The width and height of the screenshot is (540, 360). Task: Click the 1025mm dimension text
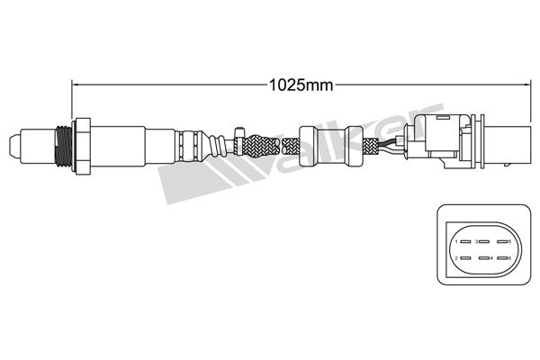[x=301, y=85]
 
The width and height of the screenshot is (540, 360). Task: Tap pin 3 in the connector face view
[x=483, y=242]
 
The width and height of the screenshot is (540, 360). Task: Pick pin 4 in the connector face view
[x=483, y=258]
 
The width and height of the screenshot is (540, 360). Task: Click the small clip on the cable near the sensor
[x=238, y=135]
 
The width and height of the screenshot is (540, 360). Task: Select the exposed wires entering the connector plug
[x=391, y=144]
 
